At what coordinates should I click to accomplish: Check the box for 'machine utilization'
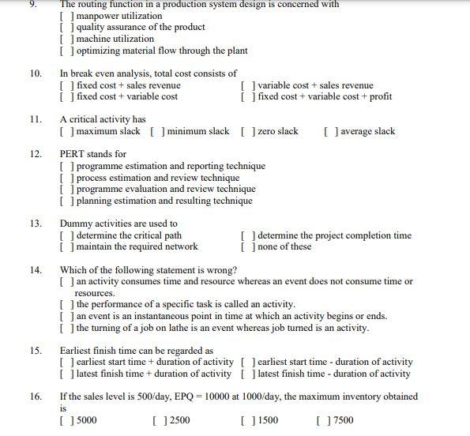click(66, 39)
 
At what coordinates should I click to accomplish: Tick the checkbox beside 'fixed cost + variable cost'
click(66, 97)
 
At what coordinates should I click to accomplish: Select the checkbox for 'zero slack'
click(246, 132)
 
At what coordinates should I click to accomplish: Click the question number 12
click(36, 154)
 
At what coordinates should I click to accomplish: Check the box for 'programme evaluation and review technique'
click(66, 190)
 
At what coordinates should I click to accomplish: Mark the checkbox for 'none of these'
click(246, 247)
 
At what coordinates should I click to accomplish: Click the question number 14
click(36, 270)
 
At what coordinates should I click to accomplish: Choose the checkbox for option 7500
click(321, 420)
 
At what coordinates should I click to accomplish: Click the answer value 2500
click(179, 420)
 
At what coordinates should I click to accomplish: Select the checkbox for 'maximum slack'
click(66, 132)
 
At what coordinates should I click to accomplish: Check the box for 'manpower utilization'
click(66, 16)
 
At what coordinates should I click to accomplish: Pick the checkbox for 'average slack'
click(330, 132)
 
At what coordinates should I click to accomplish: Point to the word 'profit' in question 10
click(379, 97)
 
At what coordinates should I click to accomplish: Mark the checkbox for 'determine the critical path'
click(66, 235)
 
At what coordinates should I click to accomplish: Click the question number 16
click(36, 397)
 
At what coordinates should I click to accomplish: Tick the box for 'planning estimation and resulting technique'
click(66, 201)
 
